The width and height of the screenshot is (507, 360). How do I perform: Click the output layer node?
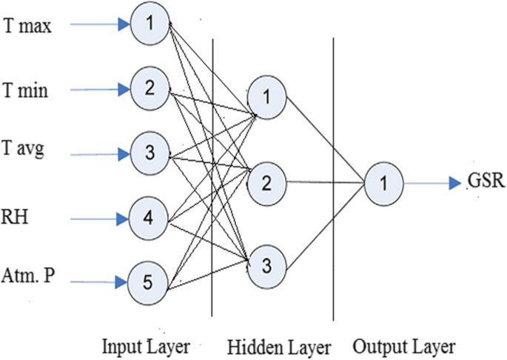point(383,181)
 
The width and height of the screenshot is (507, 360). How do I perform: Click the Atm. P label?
point(30,278)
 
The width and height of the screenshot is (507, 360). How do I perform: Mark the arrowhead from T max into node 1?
point(123,25)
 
